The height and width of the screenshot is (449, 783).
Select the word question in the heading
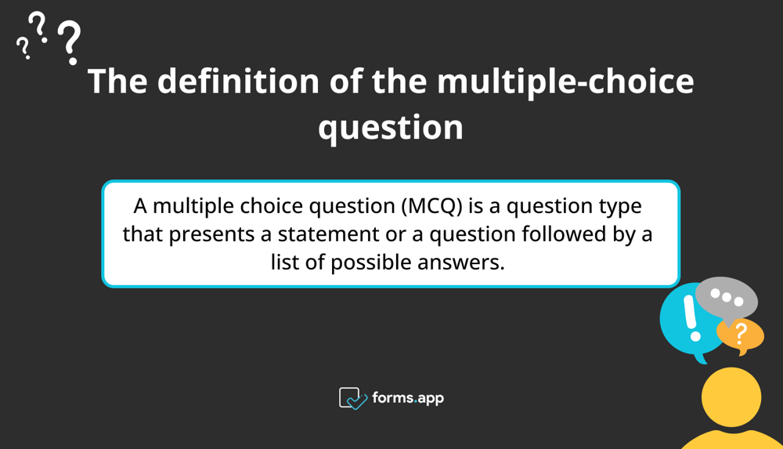pos(391,126)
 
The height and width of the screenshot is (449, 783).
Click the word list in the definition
pos(286,262)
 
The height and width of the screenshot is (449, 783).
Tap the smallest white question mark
pos(23,49)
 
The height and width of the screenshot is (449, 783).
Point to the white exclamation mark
pos(690,319)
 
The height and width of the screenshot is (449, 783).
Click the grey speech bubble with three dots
pos(727,298)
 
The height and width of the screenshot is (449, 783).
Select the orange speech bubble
pos(740,335)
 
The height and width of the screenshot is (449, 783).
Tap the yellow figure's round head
pos(731,397)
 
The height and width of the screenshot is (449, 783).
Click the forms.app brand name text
pos(408,398)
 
